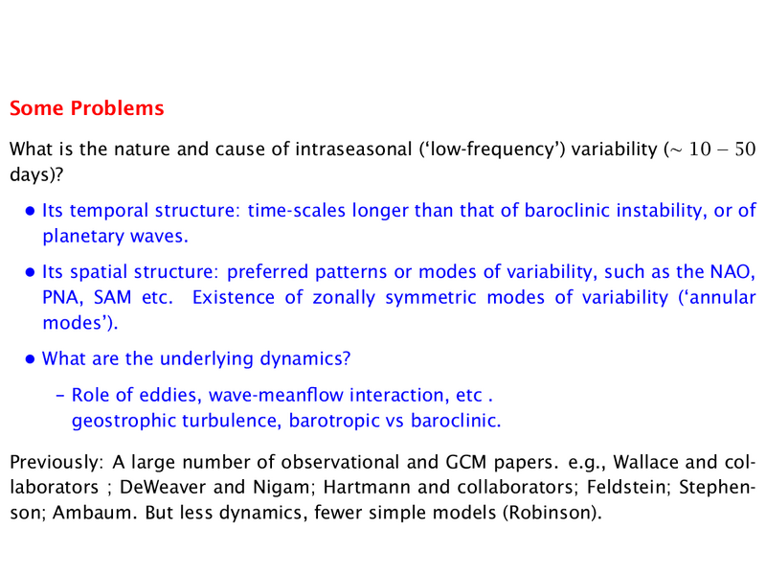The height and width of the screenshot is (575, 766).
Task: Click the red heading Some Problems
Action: [x=87, y=108]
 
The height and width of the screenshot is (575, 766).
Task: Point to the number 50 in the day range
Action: [x=745, y=149]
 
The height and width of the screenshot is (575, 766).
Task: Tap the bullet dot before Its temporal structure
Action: [x=31, y=211]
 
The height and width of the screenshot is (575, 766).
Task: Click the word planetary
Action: [x=83, y=237]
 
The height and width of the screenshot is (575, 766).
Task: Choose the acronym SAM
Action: [x=112, y=297]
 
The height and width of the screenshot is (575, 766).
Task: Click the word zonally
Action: [x=344, y=298]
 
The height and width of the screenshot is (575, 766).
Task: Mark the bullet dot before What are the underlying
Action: [x=31, y=359]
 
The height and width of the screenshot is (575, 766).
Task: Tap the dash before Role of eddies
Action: [x=60, y=395]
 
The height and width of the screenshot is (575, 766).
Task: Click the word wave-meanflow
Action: [x=276, y=395]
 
